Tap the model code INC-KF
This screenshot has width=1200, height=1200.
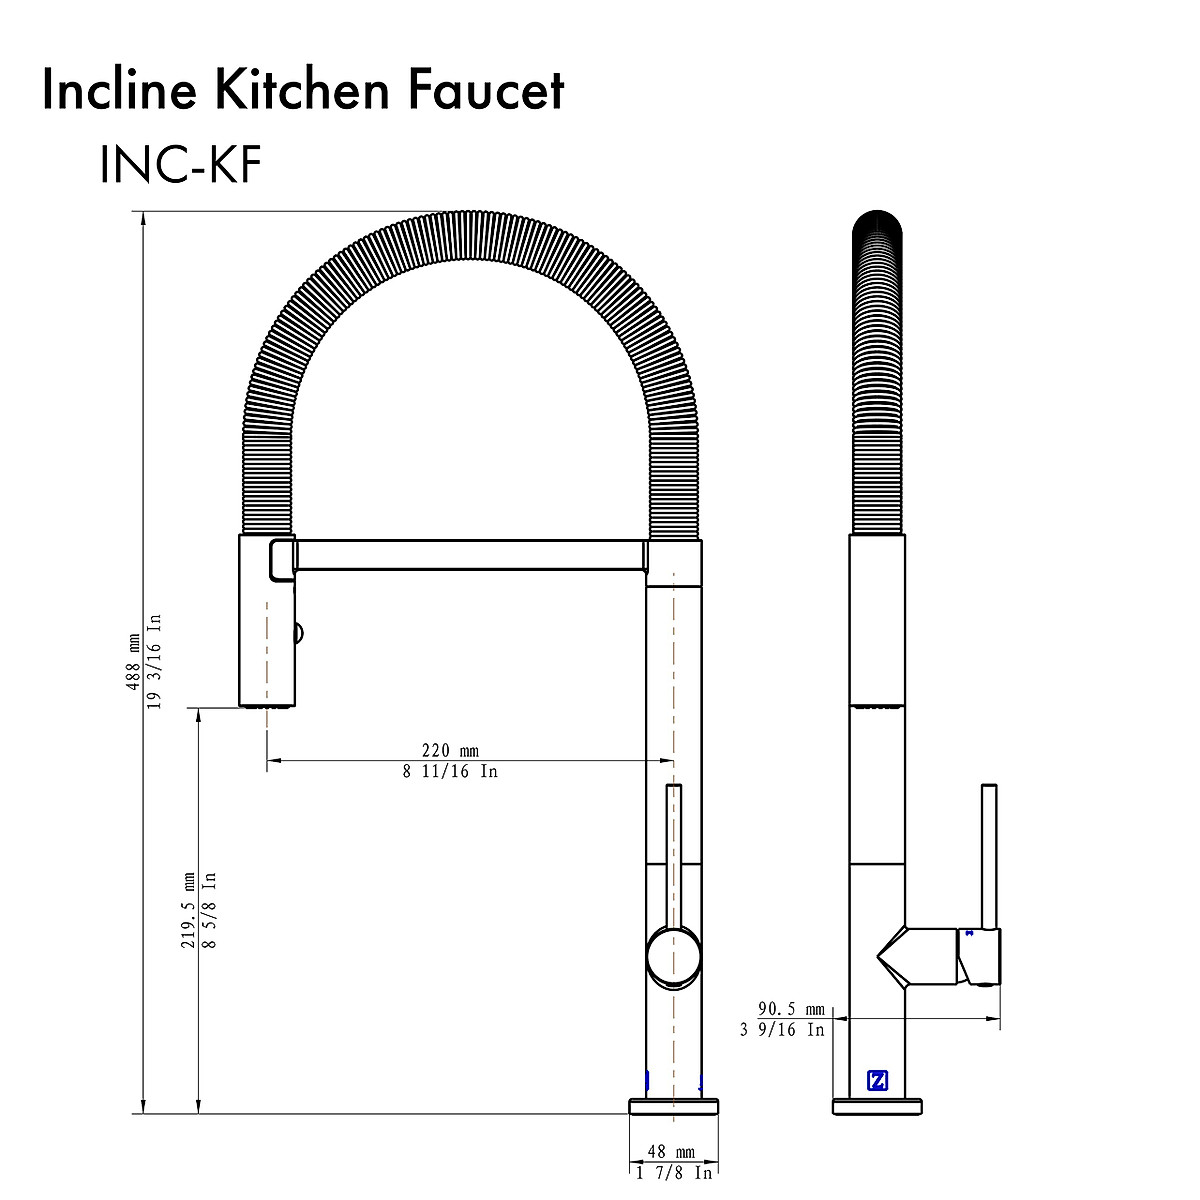[x=180, y=165]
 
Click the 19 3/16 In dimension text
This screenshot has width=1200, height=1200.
[x=154, y=661]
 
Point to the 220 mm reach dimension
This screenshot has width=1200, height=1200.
[x=449, y=751]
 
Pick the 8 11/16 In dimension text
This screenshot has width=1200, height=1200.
[x=449, y=771]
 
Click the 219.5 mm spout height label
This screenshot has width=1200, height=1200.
[x=188, y=911]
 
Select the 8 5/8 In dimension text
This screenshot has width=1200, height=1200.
[x=208, y=911]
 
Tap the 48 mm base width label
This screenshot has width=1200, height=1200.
[x=671, y=1153]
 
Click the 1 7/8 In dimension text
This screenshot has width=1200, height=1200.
[x=674, y=1172]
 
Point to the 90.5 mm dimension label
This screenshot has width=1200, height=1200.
[x=791, y=1009]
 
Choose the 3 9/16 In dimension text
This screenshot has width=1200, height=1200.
[x=783, y=1029]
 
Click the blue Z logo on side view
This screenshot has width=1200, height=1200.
[x=877, y=1080]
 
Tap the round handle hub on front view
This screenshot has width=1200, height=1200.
[x=673, y=956]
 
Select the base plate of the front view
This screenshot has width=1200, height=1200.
[x=673, y=1106]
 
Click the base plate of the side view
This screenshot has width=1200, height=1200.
[x=877, y=1106]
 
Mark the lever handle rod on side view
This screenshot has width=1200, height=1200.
[x=989, y=855]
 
